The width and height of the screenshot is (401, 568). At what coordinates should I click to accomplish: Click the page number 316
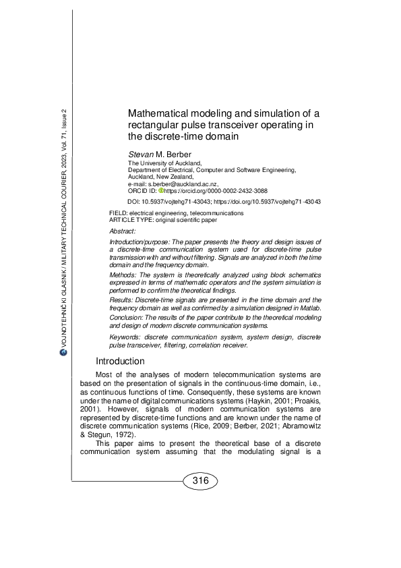pos(200,481)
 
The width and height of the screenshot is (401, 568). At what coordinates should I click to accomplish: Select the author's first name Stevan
pos(141,154)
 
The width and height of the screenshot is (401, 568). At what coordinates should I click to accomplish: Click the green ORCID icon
pos(161,191)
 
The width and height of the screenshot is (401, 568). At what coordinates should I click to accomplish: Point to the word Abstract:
pos(122,231)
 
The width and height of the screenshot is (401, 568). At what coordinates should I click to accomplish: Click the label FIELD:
pos(119,213)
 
